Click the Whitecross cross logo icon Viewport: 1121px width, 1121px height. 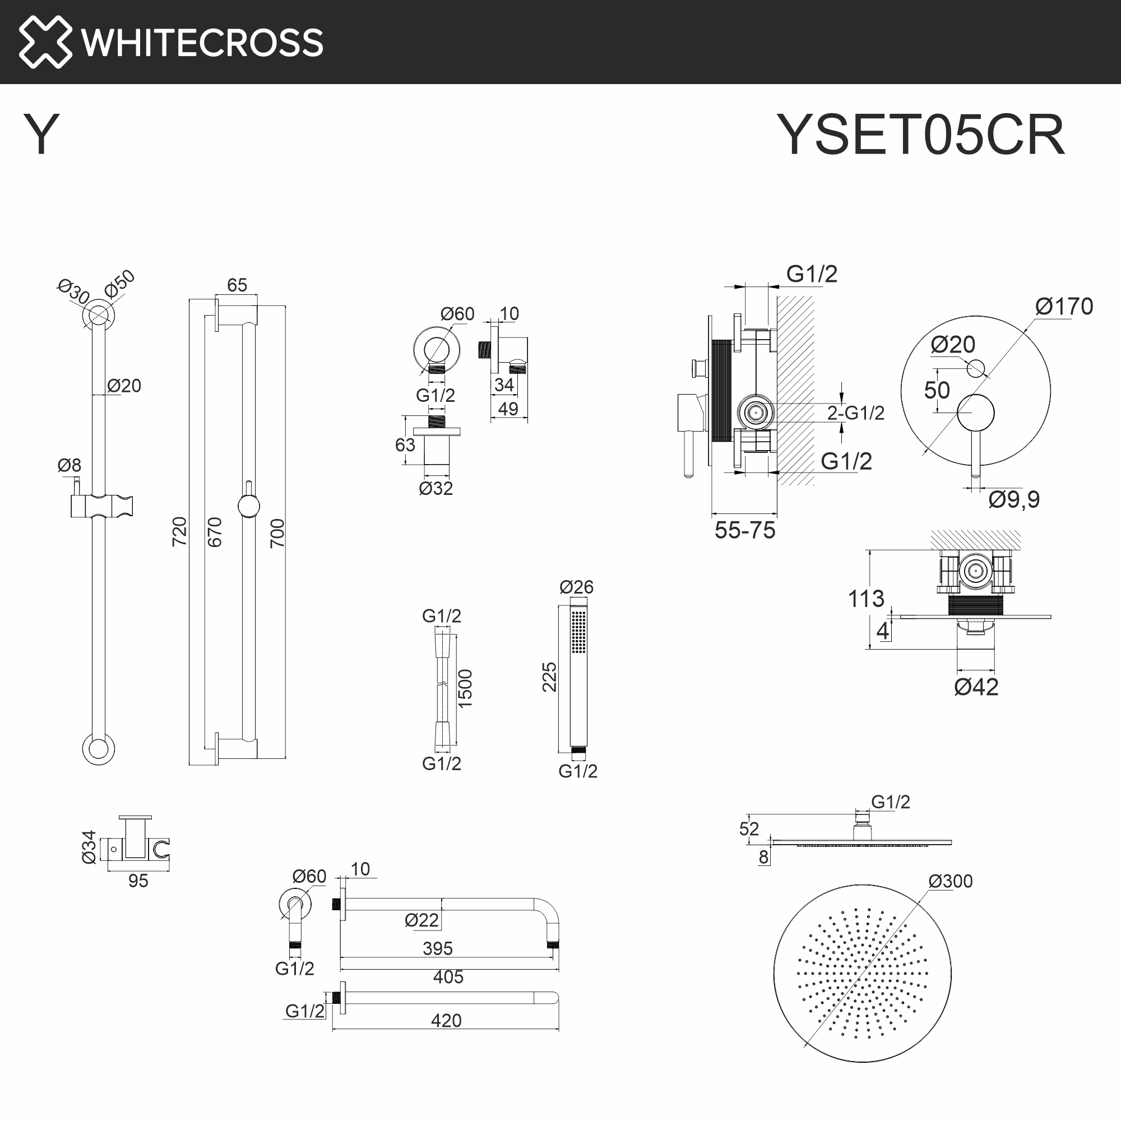(x=45, y=42)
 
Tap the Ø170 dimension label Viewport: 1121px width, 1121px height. (x=1064, y=307)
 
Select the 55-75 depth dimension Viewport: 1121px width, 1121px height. (x=744, y=530)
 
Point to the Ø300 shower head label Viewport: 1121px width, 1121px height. (x=950, y=881)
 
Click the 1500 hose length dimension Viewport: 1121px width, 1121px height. (x=465, y=688)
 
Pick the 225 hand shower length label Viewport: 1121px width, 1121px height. (x=549, y=677)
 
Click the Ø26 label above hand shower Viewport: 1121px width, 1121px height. (x=576, y=587)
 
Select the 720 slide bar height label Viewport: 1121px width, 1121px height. (x=180, y=531)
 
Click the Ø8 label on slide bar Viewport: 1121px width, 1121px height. (x=69, y=465)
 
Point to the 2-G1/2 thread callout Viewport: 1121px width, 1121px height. (x=855, y=413)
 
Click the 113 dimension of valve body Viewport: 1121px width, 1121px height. (x=866, y=599)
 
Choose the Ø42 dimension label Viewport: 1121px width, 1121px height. (x=976, y=687)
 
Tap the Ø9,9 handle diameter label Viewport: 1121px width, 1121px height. (x=1013, y=499)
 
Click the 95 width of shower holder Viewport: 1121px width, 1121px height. (x=138, y=881)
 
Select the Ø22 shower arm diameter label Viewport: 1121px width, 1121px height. (x=421, y=920)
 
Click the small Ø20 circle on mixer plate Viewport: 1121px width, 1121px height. (x=975, y=368)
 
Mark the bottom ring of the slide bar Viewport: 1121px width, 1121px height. (x=98, y=748)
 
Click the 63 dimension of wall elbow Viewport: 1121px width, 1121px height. (x=405, y=445)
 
